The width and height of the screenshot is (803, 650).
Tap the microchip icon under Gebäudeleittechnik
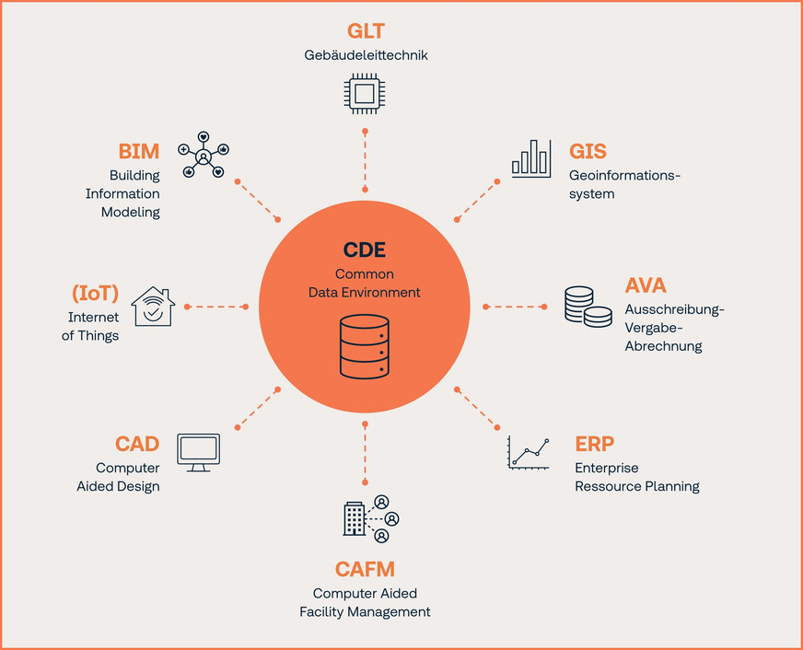point(365,93)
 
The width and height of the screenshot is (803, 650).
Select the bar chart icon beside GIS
point(531,157)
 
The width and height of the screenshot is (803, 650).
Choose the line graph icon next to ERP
point(529,453)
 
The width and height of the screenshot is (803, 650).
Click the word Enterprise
point(607,469)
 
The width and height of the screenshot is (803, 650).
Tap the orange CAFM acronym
point(365,570)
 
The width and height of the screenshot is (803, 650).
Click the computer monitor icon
point(198,452)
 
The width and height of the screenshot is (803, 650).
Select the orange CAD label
point(137,445)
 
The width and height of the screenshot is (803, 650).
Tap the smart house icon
point(152,307)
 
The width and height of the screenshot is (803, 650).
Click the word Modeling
point(130,212)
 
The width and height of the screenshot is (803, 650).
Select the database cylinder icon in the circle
point(365,345)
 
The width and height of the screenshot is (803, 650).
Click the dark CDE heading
point(365,250)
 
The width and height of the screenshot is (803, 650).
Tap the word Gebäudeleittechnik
point(366,55)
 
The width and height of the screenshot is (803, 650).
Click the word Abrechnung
point(663,346)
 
